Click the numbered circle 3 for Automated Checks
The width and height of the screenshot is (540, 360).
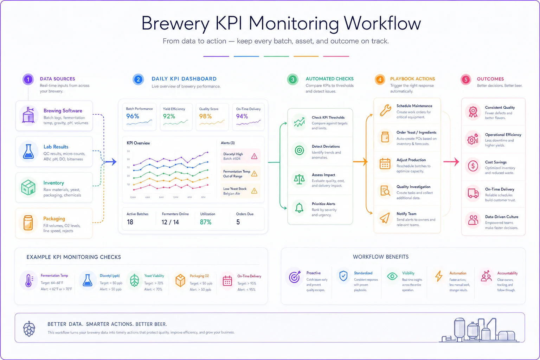point(292,79)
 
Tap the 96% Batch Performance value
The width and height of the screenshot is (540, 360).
point(133,116)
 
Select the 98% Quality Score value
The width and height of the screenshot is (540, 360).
point(205,116)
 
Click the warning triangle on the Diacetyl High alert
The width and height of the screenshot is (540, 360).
point(254,156)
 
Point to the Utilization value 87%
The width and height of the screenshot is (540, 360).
point(206,222)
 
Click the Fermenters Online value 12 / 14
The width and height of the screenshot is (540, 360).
point(170,222)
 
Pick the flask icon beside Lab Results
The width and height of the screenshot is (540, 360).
point(28,152)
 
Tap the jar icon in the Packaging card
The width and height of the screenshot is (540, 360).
point(28,223)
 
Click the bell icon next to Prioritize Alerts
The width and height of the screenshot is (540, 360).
point(299,208)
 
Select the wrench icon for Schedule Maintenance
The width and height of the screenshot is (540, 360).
point(385,111)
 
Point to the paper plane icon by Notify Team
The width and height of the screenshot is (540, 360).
point(385,218)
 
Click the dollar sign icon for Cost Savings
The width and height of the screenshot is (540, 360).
point(473,166)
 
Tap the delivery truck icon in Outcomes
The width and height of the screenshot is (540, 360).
point(473,193)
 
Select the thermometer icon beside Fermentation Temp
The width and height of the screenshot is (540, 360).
point(29,280)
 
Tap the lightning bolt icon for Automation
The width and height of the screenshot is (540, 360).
point(439,276)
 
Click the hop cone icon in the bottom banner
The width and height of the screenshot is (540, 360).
point(29,329)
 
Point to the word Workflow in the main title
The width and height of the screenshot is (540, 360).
point(382,24)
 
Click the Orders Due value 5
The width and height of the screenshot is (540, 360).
point(238,222)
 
